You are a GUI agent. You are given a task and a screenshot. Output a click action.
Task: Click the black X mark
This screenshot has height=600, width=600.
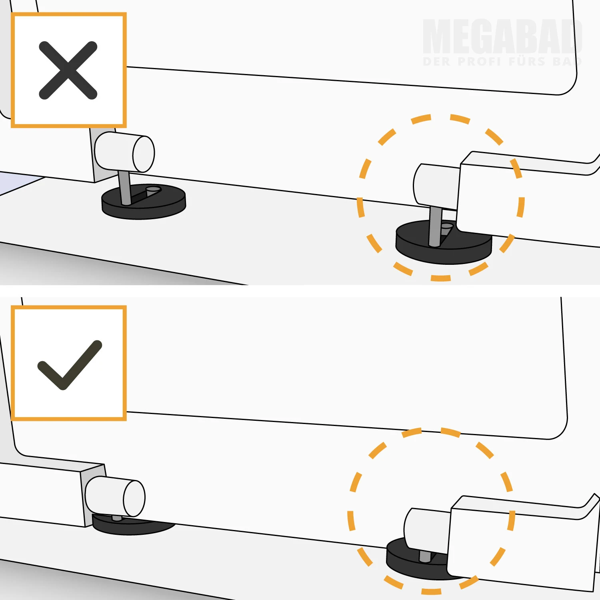pos(68,70)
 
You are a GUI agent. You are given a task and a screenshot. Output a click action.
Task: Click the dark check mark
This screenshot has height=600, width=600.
pos(70,365)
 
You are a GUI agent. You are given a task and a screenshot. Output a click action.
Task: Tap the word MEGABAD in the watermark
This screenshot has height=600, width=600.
pos(502,36)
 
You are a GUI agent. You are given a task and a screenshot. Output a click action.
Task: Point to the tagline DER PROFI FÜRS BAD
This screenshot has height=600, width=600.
pos(502,62)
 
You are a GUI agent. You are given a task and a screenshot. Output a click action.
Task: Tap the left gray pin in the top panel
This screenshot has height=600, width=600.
pos(125,187)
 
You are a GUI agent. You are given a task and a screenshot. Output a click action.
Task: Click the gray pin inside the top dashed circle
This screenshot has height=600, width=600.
pos(435,226)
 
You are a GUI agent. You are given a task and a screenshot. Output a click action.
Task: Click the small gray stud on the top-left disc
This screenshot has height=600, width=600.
pos(153,191)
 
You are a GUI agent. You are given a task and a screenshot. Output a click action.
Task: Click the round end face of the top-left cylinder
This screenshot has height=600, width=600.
pos(144,154)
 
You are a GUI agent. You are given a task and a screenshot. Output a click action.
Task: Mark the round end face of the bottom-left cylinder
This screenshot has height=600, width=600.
pos(134,498)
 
